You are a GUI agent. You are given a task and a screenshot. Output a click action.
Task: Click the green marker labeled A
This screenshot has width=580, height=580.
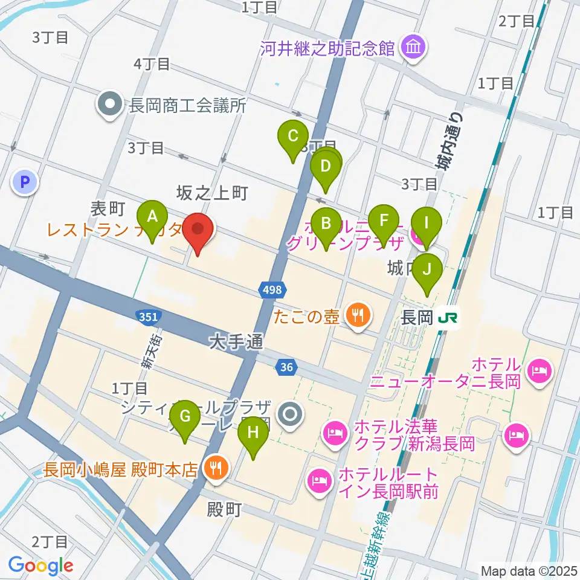[152, 216]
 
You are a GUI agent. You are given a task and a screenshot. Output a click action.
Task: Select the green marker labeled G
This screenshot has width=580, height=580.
[185, 417]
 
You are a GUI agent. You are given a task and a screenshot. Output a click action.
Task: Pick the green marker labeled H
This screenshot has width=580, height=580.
[253, 433]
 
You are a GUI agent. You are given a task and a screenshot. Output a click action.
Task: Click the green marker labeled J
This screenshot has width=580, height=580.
[428, 268]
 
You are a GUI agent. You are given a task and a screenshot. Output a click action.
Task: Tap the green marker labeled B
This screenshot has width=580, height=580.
[326, 224]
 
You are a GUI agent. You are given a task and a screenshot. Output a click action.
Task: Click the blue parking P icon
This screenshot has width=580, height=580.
[25, 181]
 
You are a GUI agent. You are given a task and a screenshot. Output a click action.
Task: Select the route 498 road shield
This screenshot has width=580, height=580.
[272, 291]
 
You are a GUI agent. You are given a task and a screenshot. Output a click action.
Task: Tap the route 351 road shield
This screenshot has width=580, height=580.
[146, 316]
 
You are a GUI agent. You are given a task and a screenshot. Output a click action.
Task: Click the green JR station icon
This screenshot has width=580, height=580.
[449, 316]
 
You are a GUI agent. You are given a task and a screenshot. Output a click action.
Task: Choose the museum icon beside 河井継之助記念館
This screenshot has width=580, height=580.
[413, 47]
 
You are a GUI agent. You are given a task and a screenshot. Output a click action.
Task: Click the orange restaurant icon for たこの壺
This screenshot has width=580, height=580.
[358, 316]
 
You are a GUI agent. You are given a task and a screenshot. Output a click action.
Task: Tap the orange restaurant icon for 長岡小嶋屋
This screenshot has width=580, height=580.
[215, 468]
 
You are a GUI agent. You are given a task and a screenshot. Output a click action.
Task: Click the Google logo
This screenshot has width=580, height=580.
[41, 565]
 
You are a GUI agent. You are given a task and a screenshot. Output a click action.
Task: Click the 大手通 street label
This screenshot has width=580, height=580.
[236, 343]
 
